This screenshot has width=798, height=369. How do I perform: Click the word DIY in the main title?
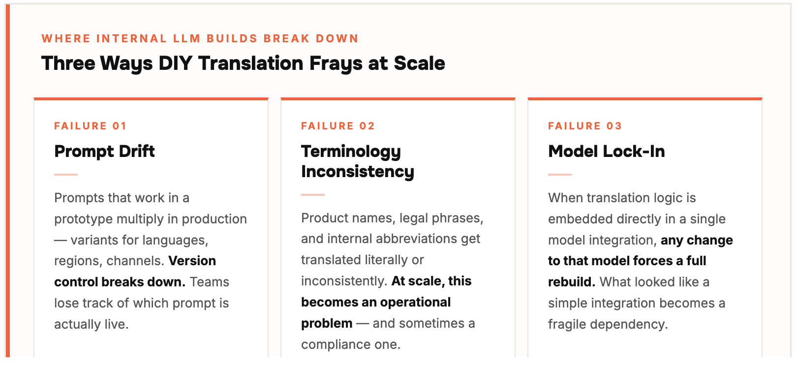[x=175, y=63]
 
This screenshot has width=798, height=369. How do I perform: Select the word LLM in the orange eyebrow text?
[x=187, y=38]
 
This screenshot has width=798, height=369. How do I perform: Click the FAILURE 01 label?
[x=90, y=126]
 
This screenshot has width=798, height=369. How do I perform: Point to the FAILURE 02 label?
[x=338, y=126]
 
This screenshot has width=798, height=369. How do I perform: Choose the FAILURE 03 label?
[x=585, y=126]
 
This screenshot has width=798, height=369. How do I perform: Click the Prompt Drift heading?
[x=104, y=152]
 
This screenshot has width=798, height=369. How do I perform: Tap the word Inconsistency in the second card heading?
[x=357, y=172]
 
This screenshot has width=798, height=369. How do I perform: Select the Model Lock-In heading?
[x=606, y=152]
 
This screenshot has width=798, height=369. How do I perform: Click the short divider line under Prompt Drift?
[x=66, y=175]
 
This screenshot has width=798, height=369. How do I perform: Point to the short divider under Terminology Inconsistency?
[x=313, y=195]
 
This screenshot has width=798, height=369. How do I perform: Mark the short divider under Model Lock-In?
[x=560, y=175]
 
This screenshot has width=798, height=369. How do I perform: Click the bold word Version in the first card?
[x=192, y=261]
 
